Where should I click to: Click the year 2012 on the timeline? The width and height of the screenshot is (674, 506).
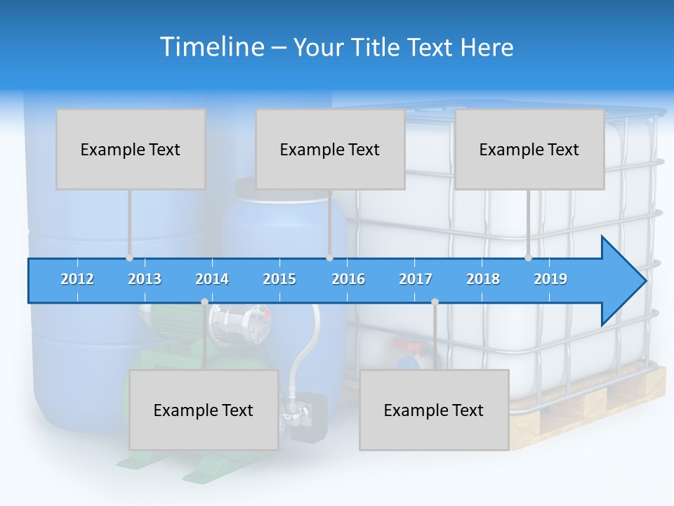point(77,279)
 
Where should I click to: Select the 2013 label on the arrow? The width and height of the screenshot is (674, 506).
point(145,279)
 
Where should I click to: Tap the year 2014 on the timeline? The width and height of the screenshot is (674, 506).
point(212,279)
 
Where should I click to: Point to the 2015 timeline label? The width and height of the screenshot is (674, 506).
point(279,279)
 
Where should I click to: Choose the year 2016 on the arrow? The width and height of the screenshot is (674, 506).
point(348,279)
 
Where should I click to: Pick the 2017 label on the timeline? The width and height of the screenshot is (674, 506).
point(416,279)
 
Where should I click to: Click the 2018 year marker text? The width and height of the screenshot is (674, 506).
point(483,279)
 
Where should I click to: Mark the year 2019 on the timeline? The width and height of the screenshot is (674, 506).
point(550,279)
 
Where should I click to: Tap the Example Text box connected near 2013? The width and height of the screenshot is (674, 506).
point(131,149)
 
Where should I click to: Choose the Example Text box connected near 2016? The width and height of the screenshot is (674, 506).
point(330,149)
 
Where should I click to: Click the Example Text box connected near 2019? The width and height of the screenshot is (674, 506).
point(529,149)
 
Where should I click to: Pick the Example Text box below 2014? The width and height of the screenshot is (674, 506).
point(204,410)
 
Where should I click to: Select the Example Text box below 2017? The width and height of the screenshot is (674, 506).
point(434,410)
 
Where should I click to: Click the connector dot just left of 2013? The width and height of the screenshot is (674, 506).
point(129,258)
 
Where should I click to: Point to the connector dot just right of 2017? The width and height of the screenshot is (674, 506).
point(435,301)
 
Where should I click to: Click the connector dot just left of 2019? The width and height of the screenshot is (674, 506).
point(528,258)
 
